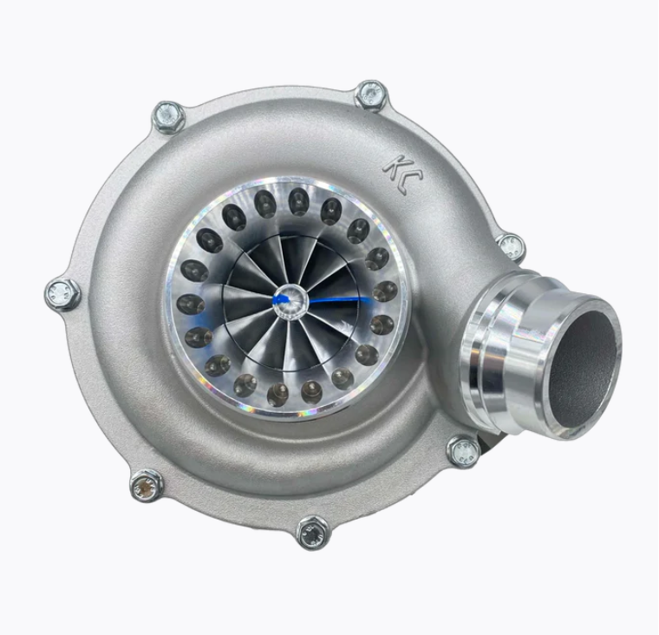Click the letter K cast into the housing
pyautogui.click(x=393, y=166)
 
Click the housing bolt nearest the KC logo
pyautogui.click(x=371, y=94)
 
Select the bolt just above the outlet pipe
pyautogui.click(x=511, y=246)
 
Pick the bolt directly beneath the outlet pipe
pyautogui.click(x=462, y=450)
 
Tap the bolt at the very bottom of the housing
pyautogui.click(x=312, y=531)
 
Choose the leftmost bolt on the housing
pyautogui.click(x=62, y=293)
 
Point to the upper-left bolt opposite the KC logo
pyautogui.click(x=168, y=115)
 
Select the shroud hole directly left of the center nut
pyautogui.click(x=190, y=304)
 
